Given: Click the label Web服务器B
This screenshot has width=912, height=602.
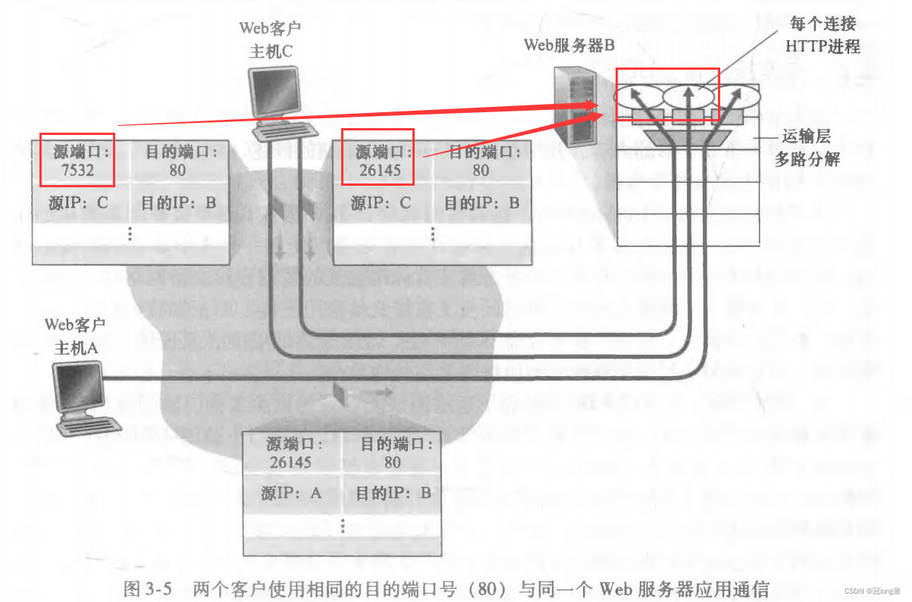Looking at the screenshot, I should click(x=569, y=45).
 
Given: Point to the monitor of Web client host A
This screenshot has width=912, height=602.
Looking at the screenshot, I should click(x=80, y=387).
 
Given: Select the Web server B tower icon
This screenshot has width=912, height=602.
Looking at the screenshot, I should click(x=574, y=106).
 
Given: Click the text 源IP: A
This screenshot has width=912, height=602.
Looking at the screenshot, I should click(x=292, y=494).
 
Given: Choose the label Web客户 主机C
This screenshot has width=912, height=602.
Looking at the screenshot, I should click(x=270, y=40).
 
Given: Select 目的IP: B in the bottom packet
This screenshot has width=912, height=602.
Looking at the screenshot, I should click(x=393, y=494).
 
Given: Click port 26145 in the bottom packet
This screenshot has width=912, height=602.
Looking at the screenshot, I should click(x=290, y=462).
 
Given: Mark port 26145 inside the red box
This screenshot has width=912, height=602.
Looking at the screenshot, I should click(x=378, y=171).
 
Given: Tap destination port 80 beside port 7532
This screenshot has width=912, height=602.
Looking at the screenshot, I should click(x=177, y=171).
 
